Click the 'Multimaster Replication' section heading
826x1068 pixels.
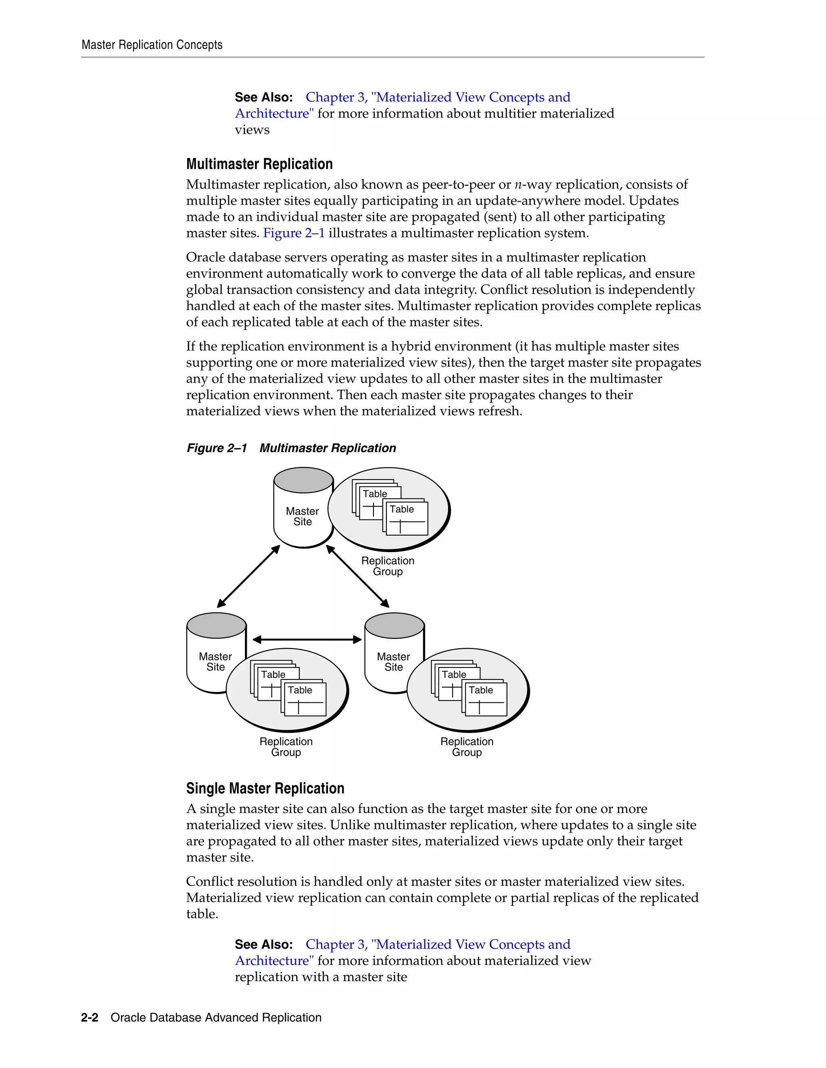pos(259,164)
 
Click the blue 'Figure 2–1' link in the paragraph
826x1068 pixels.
pos(294,233)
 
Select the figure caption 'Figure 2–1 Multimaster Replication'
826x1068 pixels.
pos(291,448)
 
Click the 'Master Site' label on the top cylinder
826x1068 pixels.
pos(302,516)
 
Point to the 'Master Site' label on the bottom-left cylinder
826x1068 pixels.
pos(215,662)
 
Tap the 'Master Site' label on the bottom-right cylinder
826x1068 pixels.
pos(393,662)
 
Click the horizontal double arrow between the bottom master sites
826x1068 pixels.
pos(307,639)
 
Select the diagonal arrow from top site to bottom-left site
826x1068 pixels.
pos(248,576)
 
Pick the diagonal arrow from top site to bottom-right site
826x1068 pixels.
pos(358,576)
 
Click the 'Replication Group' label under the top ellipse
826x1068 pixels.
pos(388,566)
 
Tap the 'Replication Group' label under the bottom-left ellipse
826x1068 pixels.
pos(286,747)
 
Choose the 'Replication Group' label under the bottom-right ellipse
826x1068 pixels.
pos(467,747)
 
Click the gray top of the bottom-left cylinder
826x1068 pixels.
pos(216,625)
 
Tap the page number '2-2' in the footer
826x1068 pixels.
pos(90,1018)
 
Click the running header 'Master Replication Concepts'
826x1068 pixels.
pos(152,45)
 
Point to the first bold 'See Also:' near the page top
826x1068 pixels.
pos(264,97)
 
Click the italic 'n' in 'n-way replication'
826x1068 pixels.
pos(518,185)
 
